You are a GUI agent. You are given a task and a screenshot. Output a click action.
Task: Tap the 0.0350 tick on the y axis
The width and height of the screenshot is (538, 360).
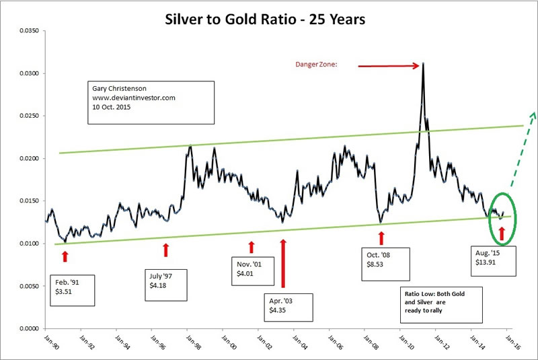24,31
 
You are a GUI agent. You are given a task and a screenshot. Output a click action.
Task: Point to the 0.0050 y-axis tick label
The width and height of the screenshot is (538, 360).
24,286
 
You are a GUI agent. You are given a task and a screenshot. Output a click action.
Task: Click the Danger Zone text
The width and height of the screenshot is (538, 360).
315,65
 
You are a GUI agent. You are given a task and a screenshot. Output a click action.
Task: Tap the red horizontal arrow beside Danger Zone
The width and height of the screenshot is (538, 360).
389,66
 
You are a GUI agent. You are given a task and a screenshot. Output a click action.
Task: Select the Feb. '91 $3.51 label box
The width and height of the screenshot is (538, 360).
72,289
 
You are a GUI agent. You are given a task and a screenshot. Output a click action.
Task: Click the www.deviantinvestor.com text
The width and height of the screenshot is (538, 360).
130,98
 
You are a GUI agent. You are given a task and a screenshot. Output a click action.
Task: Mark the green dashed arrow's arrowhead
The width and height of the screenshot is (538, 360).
533,114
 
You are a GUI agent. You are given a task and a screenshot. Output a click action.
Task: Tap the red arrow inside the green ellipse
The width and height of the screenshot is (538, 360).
502,234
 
